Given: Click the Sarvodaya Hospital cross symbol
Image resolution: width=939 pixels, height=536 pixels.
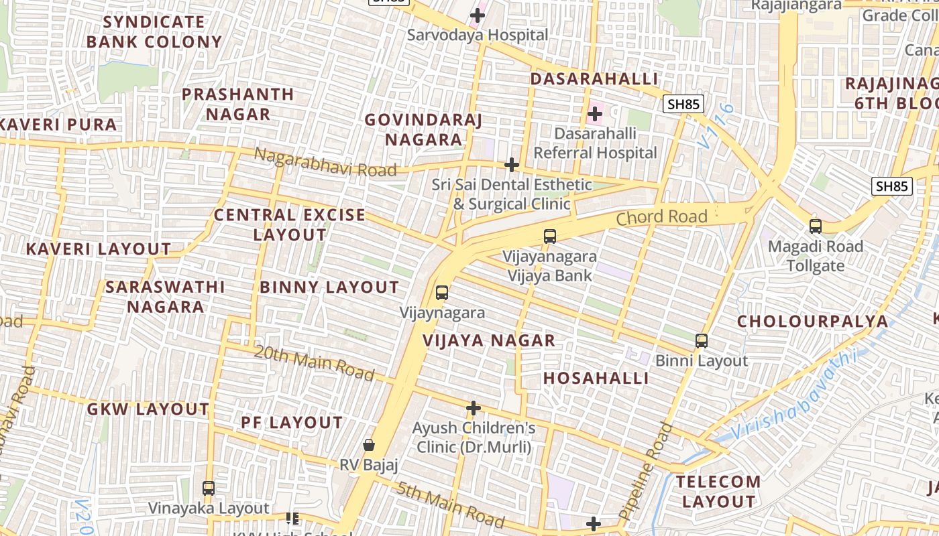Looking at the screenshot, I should (478, 15).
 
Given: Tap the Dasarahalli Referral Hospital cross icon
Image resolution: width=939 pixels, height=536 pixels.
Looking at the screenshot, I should (595, 114).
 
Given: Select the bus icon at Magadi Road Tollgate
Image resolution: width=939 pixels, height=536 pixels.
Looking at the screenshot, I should (816, 226).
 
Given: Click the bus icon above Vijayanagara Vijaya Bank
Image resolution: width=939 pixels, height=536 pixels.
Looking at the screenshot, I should (550, 237).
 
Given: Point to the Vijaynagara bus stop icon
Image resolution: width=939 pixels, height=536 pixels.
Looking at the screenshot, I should (442, 293).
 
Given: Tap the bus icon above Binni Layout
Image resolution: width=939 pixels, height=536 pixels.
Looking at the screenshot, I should (702, 341).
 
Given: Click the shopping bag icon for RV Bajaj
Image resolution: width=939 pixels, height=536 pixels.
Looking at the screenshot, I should (369, 445).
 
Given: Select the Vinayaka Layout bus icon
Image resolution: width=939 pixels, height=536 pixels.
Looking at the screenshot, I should (209, 488).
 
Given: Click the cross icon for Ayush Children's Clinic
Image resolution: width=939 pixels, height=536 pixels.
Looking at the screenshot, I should (474, 408).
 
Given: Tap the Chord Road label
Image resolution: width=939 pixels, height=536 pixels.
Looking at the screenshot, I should (661, 217).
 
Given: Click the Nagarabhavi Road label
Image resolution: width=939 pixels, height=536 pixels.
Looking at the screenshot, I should (325, 163).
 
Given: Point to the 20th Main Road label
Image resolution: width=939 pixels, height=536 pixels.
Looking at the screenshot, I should (314, 362).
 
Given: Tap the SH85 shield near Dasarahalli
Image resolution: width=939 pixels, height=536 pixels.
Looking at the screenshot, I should (683, 104).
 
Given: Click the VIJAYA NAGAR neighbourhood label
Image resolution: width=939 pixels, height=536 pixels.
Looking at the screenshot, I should (489, 340).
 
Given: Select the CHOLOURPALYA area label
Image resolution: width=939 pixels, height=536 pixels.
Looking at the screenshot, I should (812, 322).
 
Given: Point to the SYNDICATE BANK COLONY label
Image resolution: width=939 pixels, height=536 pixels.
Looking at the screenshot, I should (154, 32).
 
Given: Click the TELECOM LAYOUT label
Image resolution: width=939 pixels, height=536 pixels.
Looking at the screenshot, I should (718, 491).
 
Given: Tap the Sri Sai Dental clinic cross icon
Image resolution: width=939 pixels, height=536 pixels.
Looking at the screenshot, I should (512, 165).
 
